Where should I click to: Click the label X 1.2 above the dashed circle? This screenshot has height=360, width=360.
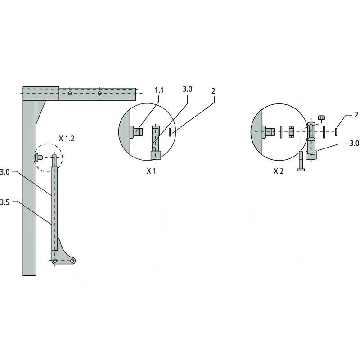66,139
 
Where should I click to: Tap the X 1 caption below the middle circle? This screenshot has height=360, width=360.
151,171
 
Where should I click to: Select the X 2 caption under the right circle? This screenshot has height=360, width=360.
279,171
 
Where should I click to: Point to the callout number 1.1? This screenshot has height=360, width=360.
159,90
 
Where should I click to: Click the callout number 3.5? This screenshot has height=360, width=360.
4,202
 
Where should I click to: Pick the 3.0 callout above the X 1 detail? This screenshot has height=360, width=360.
187,89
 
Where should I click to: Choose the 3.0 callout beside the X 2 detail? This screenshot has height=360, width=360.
354,144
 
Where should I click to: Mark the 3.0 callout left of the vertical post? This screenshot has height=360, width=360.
4,172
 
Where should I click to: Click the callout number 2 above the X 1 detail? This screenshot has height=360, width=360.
213,91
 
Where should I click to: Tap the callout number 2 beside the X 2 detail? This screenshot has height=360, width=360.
356,115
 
